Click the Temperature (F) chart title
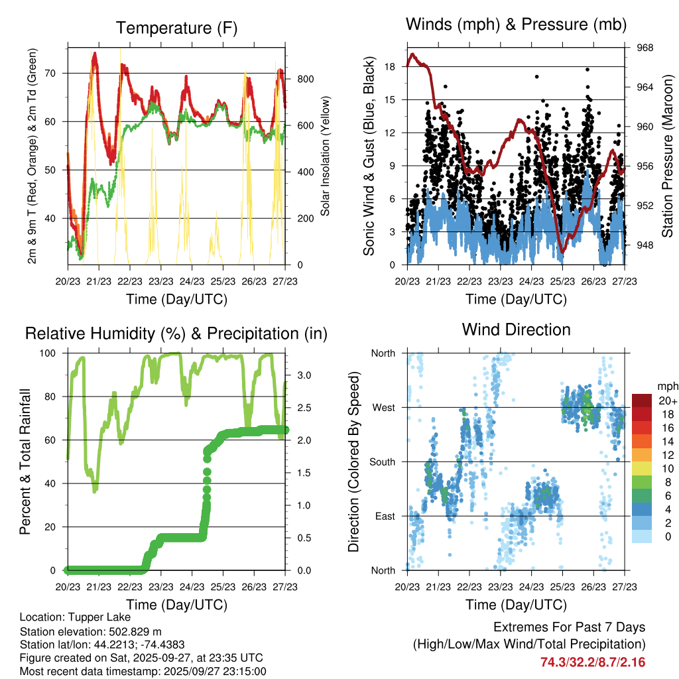click(x=176, y=28)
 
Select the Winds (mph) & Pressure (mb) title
click(x=516, y=25)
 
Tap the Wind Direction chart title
click(x=516, y=329)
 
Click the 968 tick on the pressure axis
click(x=645, y=48)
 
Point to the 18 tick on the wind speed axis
click(x=390, y=66)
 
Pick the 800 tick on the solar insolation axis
click(x=305, y=79)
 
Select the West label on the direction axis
click(x=383, y=407)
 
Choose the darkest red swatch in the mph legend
click(x=641, y=401)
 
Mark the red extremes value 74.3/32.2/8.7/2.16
click(x=593, y=662)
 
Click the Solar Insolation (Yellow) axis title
click(x=326, y=156)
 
